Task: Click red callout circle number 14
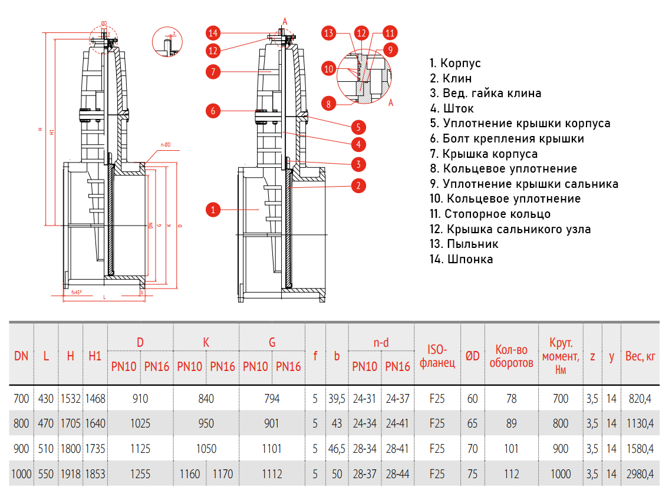click(213, 32)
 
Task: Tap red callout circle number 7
click(213, 72)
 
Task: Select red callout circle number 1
click(213, 209)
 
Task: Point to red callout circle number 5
click(357, 127)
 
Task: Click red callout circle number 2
click(357, 185)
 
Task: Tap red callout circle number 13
click(330, 33)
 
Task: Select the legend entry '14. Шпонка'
click(462, 259)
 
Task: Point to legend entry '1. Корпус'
click(455, 63)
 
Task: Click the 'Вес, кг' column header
click(641, 356)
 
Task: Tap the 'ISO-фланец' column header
click(437, 356)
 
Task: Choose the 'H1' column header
click(95, 356)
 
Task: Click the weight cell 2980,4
click(641, 473)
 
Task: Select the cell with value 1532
click(71, 399)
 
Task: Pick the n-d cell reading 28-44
click(397, 473)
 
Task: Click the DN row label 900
click(21, 449)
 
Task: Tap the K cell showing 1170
click(223, 473)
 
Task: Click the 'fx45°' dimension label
click(77, 292)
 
